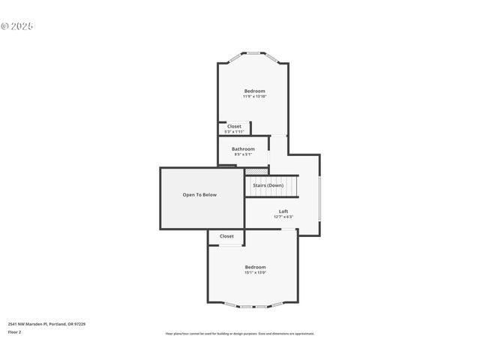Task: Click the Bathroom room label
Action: (x=243, y=148)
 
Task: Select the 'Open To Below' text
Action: (x=199, y=195)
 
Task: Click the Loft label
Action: (x=283, y=211)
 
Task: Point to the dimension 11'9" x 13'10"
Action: (x=254, y=97)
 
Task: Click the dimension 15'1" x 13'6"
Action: (x=255, y=273)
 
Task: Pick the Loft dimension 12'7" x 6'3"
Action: (x=283, y=217)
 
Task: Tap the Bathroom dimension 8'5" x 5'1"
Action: (x=243, y=154)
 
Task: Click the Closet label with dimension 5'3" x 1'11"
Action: (x=234, y=126)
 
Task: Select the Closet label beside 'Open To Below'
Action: (x=226, y=236)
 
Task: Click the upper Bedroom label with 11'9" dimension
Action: (x=254, y=91)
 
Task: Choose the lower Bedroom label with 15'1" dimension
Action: (x=255, y=267)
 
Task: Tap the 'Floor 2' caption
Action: (x=14, y=331)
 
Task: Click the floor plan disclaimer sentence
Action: (x=240, y=334)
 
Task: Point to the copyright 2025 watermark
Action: (x=17, y=26)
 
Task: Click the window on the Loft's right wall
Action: (x=319, y=198)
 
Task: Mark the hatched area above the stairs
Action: (x=256, y=171)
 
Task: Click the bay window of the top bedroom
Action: (x=253, y=53)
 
